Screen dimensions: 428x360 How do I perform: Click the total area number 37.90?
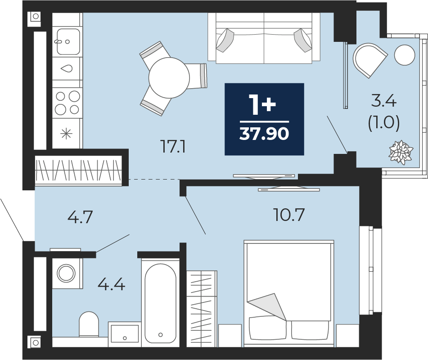(x=264, y=134)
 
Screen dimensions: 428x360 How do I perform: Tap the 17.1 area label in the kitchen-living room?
(x=174, y=147)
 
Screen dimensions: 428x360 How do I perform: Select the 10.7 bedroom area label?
(x=289, y=215)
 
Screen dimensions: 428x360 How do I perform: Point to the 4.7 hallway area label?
(x=80, y=217)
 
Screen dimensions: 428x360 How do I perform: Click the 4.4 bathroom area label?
(x=111, y=284)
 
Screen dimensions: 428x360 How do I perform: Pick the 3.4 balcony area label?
(x=384, y=102)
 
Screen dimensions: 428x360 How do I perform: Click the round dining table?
(x=169, y=78)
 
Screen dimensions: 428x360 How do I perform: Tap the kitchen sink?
(x=68, y=42)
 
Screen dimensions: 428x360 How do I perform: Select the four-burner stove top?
(x=67, y=103)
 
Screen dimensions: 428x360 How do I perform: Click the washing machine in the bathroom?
(x=66, y=273)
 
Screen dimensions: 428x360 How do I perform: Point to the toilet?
(x=89, y=324)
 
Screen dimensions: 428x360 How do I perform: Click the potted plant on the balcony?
(x=401, y=152)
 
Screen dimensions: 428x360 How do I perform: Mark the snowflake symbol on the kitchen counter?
(x=66, y=134)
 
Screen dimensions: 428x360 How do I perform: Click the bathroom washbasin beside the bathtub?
(x=125, y=334)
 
